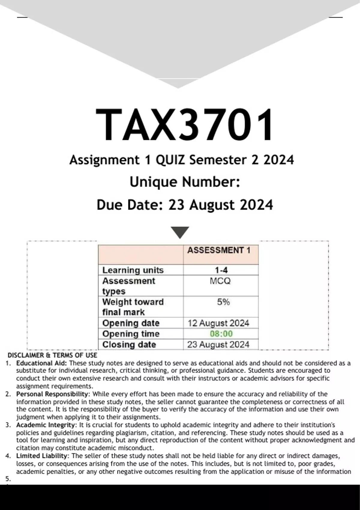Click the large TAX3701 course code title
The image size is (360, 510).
coord(184,124)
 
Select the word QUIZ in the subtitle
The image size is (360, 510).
coord(170,160)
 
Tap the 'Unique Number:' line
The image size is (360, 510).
coord(185,182)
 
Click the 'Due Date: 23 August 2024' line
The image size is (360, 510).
coord(185,205)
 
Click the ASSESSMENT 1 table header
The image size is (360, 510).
coord(219,250)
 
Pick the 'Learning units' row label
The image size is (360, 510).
coord(133,270)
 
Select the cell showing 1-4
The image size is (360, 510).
coord(221,270)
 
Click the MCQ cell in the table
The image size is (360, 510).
coord(220,281)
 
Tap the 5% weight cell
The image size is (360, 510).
coord(223,302)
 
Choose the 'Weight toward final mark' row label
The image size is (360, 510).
coord(133,307)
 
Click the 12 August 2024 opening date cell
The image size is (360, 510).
coord(218,323)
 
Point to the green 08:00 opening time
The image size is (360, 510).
coord(221,334)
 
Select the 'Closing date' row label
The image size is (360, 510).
coord(129,344)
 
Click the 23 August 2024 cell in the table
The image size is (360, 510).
coord(218,344)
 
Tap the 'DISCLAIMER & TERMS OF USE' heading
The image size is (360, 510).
coord(52,355)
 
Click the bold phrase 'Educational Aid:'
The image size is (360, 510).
coord(42,363)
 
